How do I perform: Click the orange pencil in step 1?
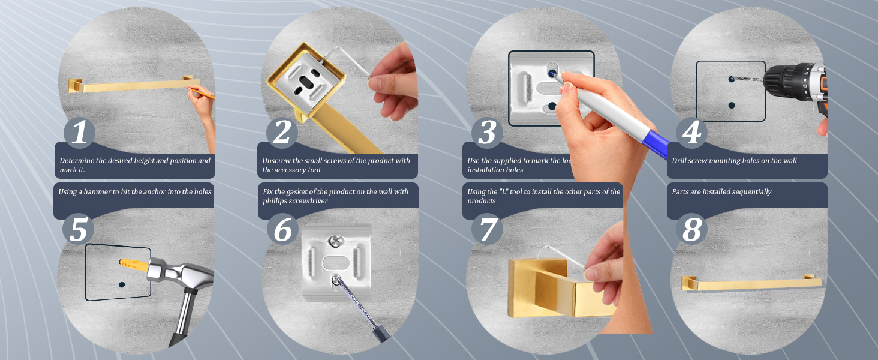click(x=206, y=94)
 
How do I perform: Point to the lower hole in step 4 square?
click(x=731, y=105)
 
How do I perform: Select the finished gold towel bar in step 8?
click(x=750, y=284)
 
